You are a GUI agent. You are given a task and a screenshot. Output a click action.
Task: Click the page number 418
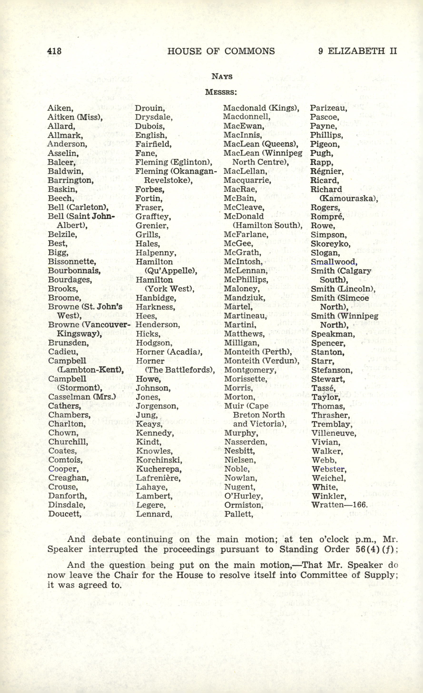pyautogui.click(x=54, y=51)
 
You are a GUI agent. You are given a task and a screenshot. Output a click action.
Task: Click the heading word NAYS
pyautogui.click(x=222, y=77)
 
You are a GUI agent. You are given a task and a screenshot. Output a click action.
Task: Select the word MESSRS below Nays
pyautogui.click(x=221, y=92)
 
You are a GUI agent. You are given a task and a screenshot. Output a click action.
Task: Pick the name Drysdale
pyautogui.click(x=153, y=117)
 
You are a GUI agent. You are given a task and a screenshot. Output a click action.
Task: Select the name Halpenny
pyautogui.click(x=156, y=253)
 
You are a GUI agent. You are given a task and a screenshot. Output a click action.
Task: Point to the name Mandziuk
pyautogui.click(x=244, y=298)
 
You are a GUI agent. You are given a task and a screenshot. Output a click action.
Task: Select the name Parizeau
pyautogui.click(x=329, y=108)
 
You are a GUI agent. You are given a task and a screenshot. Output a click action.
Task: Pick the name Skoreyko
pyautogui.click(x=330, y=244)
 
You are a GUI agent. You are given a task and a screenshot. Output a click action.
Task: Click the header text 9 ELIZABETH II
pyautogui.click(x=358, y=51)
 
